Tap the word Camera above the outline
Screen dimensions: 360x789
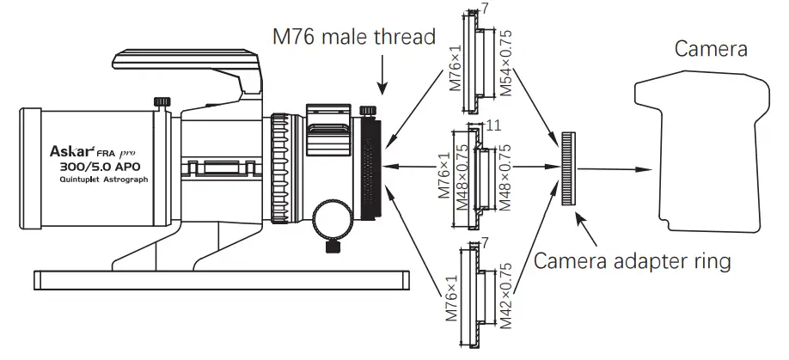click(x=710, y=49)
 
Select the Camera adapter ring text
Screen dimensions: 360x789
click(x=633, y=259)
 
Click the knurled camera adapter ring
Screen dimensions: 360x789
click(x=568, y=168)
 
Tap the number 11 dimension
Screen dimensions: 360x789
click(x=492, y=125)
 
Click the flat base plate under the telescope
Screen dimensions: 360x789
click(x=219, y=278)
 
